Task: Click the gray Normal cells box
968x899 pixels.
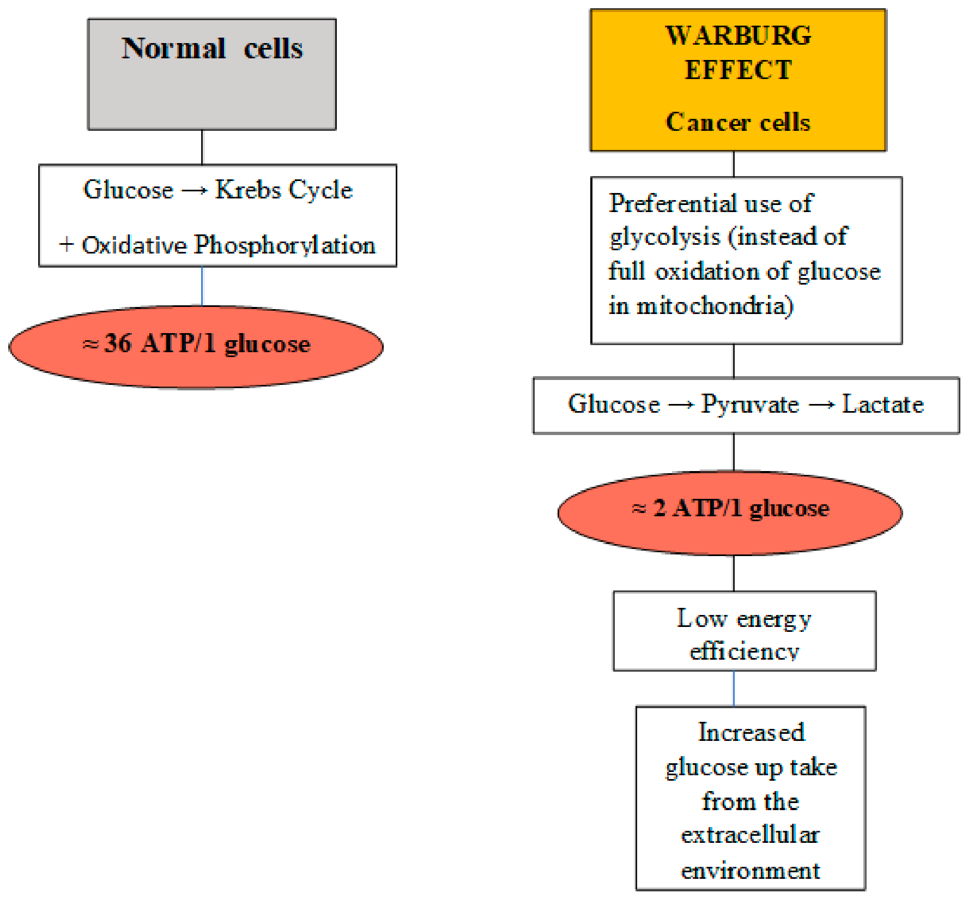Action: (212, 74)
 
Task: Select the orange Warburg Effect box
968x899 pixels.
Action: (739, 80)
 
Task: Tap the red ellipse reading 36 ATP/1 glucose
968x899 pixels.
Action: (196, 347)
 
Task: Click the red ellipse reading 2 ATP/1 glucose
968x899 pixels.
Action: (730, 512)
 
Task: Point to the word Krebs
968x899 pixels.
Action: (248, 190)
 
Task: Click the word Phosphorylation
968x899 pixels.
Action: (285, 245)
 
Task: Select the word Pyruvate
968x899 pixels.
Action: (750, 405)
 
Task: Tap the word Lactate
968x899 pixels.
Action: (883, 405)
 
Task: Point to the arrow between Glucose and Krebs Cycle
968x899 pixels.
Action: (195, 191)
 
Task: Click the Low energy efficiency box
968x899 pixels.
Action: (745, 631)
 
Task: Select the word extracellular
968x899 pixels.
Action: (751, 835)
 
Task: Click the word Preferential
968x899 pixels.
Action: (672, 203)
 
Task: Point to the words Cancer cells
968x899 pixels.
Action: (739, 122)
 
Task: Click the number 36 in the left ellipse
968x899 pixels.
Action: (118, 343)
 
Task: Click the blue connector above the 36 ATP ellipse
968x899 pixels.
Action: (202, 286)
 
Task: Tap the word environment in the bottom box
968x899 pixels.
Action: (751, 870)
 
